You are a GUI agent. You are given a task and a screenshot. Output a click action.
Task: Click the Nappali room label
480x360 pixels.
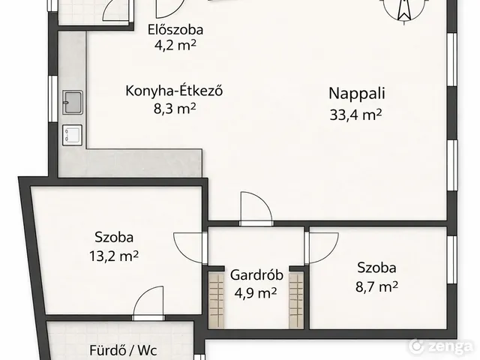(x=357, y=94)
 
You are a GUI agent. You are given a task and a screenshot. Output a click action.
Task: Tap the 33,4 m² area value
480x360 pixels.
(x=355, y=115)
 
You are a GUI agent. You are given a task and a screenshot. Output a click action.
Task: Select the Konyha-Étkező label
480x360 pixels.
(x=174, y=91)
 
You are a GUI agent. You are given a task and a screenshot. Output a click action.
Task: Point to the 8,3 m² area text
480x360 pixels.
(x=175, y=108)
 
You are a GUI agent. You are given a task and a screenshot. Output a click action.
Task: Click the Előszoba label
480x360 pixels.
(x=175, y=30)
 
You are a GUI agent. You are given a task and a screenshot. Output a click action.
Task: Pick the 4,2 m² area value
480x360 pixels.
(x=175, y=46)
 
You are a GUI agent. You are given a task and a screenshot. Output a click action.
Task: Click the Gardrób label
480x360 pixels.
(x=256, y=275)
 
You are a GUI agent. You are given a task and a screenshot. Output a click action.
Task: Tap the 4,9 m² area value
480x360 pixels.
(x=256, y=293)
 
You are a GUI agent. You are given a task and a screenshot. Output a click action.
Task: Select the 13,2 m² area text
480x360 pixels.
(x=113, y=256)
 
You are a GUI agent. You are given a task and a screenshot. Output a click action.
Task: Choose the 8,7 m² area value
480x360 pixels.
(x=376, y=286)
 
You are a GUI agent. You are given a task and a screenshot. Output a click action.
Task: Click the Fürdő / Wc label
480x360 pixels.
(x=124, y=349)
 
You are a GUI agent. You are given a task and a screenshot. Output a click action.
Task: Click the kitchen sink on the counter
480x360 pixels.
(x=73, y=102)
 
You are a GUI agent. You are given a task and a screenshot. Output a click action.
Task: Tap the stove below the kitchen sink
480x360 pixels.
(x=73, y=135)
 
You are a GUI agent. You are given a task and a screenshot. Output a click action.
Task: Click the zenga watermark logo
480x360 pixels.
(x=441, y=346)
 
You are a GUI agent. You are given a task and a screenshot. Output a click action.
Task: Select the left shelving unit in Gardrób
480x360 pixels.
(x=217, y=300)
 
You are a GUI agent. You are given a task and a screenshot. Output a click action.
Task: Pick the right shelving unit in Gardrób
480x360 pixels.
(x=296, y=300)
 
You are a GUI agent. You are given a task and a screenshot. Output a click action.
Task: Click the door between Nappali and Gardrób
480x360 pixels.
(x=256, y=209)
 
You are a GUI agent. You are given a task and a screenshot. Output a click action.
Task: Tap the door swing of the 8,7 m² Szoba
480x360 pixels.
(x=322, y=247)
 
